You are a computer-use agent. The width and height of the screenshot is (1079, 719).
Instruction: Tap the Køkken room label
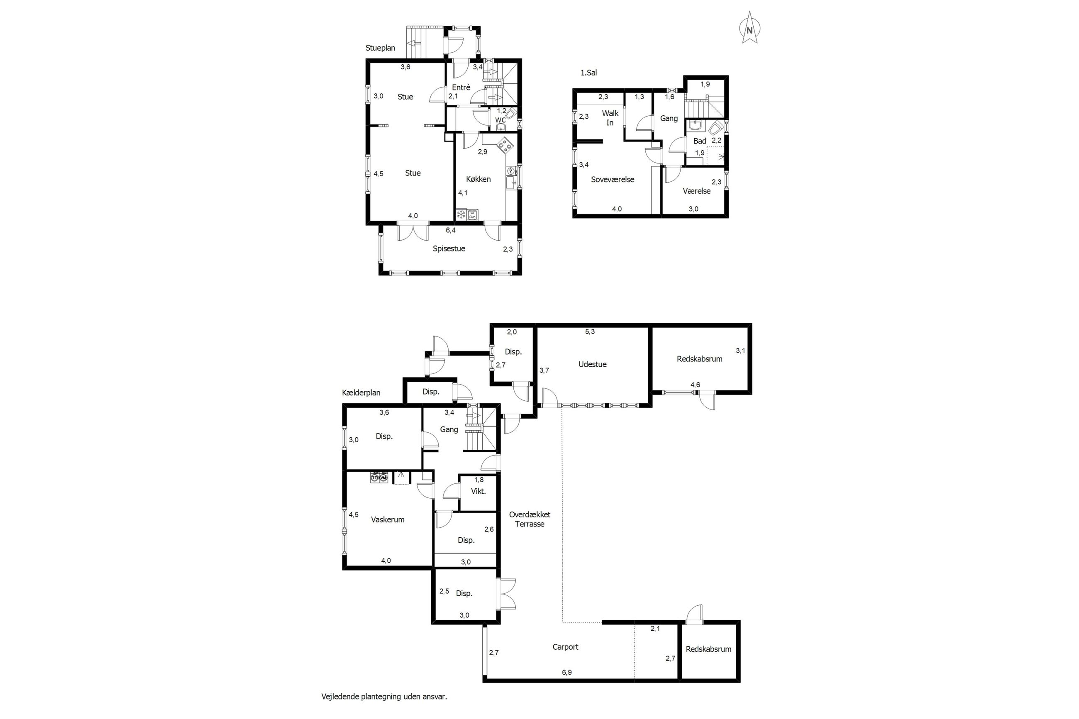[478, 179]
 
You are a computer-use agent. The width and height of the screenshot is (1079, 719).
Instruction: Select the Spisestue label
[449, 249]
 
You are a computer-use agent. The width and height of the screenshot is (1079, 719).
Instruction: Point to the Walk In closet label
[610, 118]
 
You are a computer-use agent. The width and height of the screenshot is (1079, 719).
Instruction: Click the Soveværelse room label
[612, 180]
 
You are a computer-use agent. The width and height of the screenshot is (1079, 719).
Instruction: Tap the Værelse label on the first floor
[696, 191]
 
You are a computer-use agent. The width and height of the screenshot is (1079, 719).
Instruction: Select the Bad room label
[699, 141]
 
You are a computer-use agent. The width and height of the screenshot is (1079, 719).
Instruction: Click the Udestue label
[592, 365]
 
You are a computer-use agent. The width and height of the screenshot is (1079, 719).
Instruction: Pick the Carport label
[565, 647]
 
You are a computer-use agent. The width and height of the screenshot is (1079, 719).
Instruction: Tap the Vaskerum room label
[388, 520]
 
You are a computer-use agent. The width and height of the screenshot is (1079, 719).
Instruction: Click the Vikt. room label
[478, 491]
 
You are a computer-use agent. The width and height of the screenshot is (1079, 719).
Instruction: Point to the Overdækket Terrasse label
[530, 519]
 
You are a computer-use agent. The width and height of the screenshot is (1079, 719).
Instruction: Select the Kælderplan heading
[361, 393]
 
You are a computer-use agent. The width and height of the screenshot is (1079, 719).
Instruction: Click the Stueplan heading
[380, 48]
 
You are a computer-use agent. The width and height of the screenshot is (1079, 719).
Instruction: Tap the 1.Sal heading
[588, 73]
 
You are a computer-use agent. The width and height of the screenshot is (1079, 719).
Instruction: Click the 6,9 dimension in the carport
[567, 673]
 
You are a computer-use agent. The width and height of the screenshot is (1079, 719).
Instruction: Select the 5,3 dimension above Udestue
[590, 331]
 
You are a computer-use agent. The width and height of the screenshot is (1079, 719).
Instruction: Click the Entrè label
[461, 88]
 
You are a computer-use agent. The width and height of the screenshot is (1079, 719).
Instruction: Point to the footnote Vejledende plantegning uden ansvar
[384, 697]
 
